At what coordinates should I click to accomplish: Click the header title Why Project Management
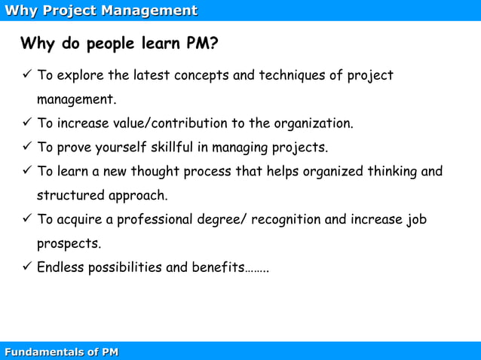(101, 11)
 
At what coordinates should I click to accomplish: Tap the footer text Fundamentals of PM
(61, 352)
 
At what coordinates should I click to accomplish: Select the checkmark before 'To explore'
(26, 75)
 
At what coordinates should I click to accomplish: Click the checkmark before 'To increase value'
(26, 123)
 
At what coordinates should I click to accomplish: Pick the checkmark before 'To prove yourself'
(26, 147)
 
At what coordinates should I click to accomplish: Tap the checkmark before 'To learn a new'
(26, 171)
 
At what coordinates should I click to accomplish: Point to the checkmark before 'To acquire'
(26, 219)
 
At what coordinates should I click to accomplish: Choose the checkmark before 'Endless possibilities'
(26, 267)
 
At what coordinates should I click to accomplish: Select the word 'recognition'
(286, 220)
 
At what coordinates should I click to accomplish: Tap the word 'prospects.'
(69, 244)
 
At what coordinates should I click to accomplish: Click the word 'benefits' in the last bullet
(216, 268)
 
